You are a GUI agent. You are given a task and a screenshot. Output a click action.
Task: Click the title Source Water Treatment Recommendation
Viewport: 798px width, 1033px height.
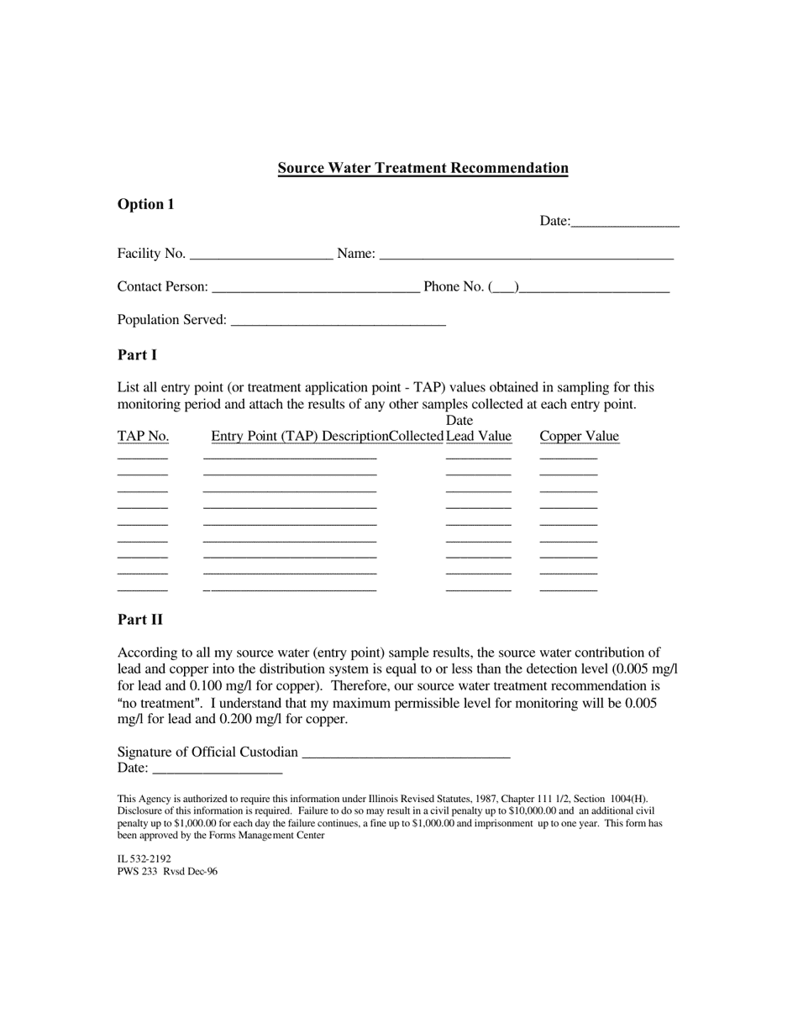tap(423, 168)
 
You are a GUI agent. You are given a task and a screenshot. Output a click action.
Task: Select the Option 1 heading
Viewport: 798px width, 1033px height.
tap(146, 204)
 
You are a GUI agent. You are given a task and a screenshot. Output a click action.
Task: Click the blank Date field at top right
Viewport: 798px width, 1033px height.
tap(625, 223)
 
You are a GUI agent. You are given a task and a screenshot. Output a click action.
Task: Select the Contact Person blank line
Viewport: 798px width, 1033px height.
tap(316, 288)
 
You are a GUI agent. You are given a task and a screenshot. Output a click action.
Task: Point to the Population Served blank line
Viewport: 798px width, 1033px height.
tap(338, 321)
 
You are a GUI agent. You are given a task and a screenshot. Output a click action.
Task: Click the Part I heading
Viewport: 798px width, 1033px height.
tap(137, 355)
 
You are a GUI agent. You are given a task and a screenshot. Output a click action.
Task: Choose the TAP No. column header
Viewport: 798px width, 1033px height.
tap(143, 436)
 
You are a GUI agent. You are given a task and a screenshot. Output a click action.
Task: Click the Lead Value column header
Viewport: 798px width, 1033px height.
tap(478, 436)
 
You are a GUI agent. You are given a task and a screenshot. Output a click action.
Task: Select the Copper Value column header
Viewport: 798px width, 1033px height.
tap(579, 436)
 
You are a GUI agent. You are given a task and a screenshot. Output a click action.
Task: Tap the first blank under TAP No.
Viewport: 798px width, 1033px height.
tap(143, 458)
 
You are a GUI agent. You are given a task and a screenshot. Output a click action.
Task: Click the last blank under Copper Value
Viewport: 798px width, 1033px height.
tap(568, 590)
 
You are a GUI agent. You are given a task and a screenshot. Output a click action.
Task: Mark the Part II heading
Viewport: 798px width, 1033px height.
tap(140, 620)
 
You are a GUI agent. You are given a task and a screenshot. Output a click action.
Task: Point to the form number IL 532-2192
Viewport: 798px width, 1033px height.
tap(144, 859)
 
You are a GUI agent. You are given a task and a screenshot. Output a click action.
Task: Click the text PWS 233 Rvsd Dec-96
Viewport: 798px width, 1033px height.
tap(167, 872)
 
